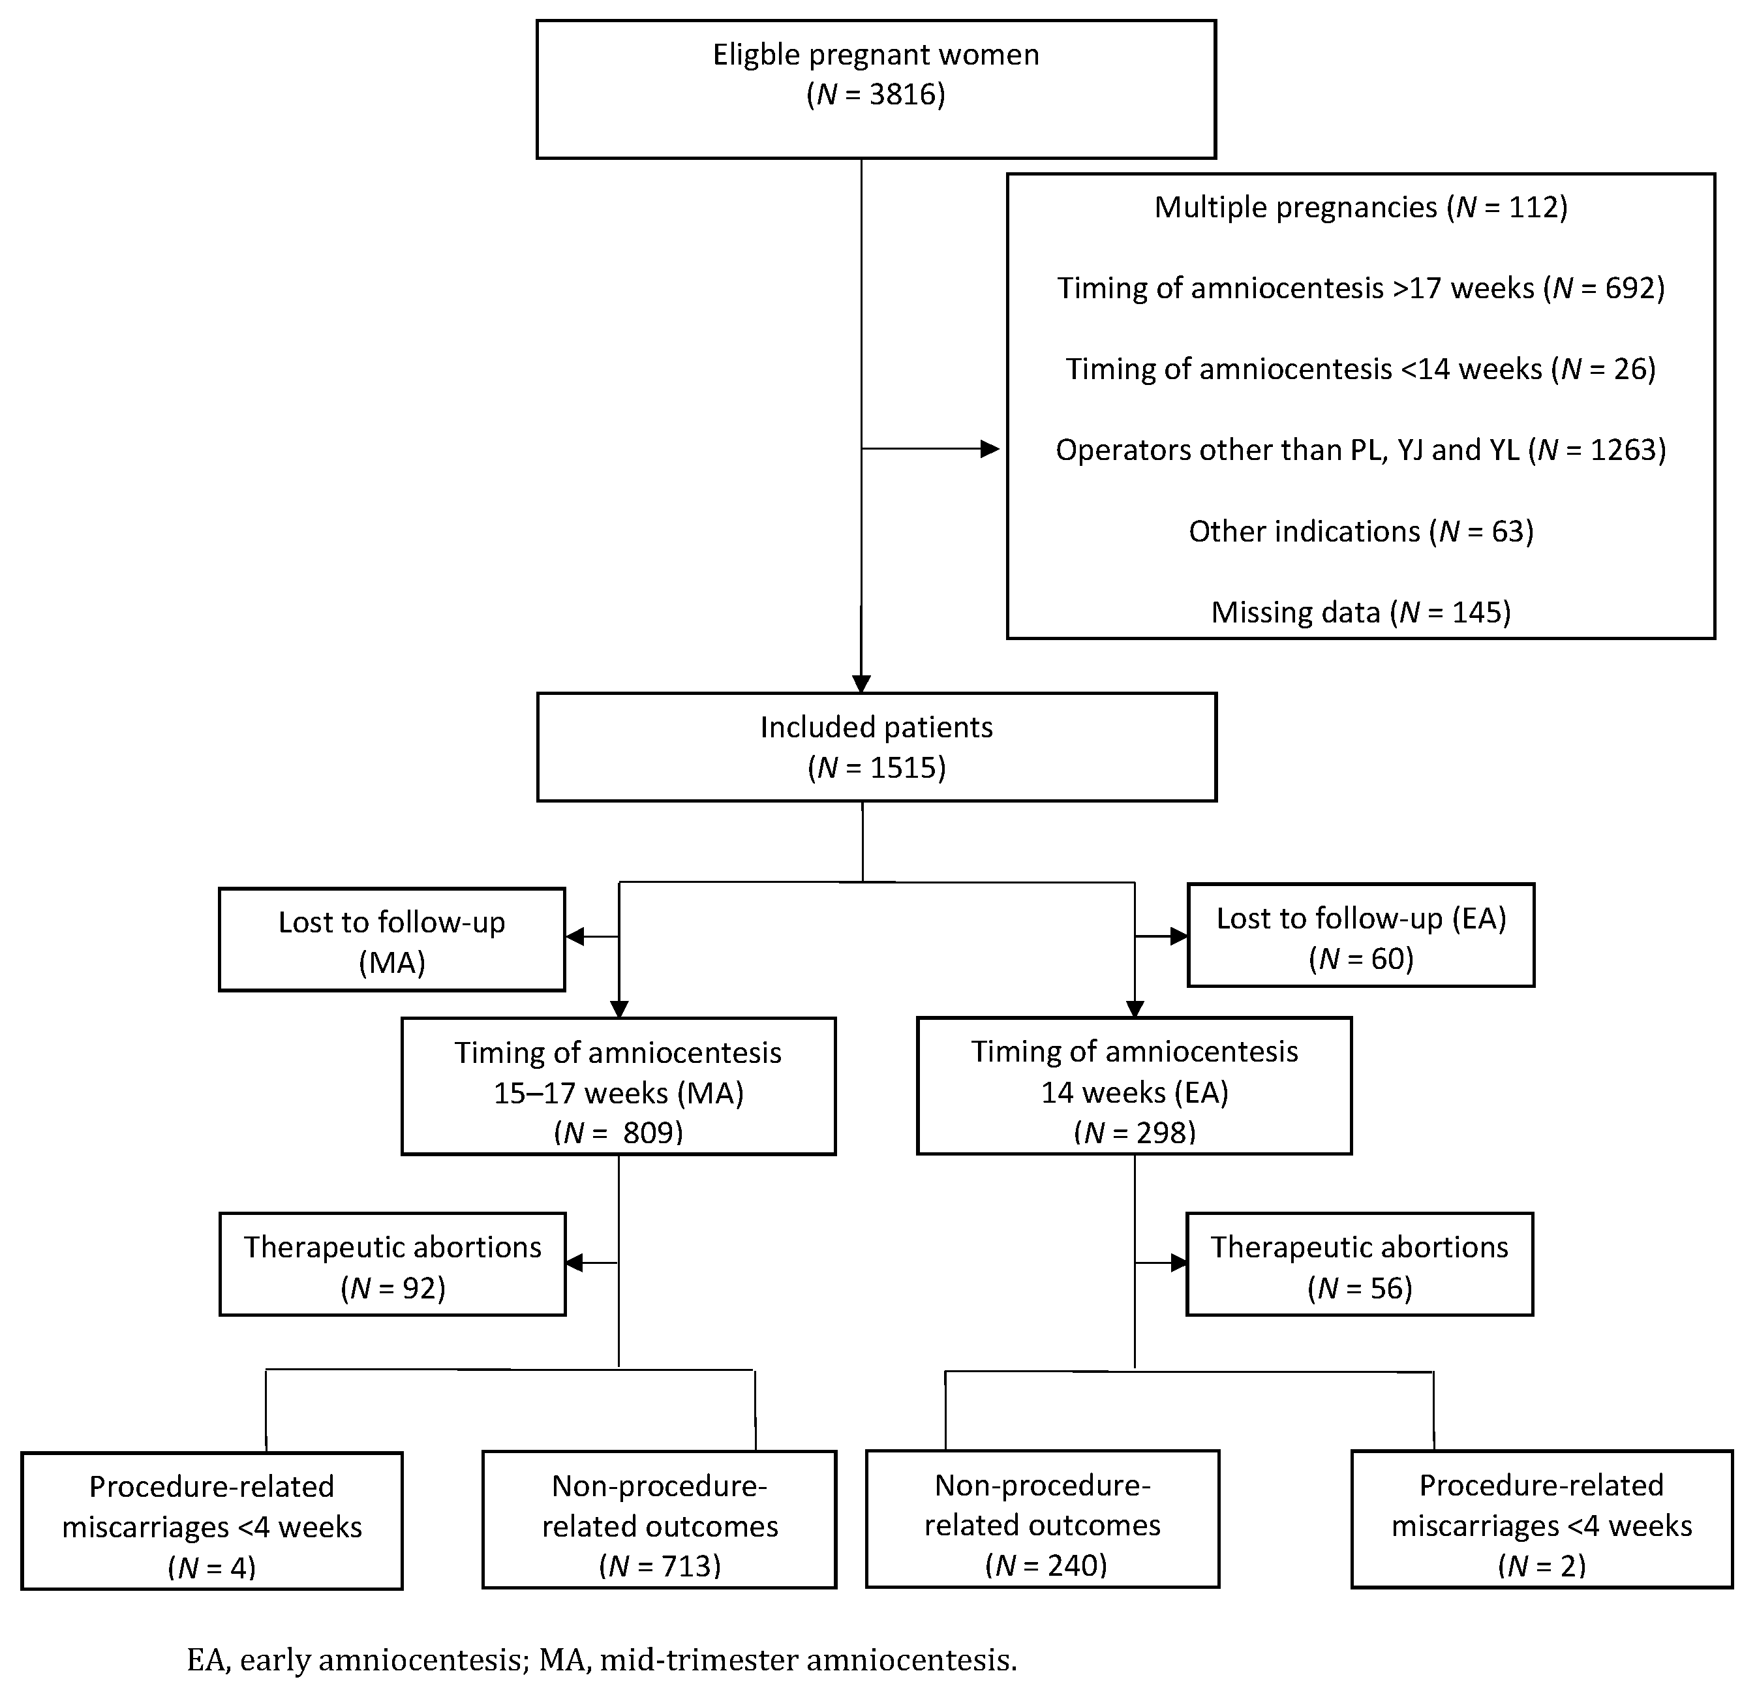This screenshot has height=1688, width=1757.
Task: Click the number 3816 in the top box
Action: (904, 95)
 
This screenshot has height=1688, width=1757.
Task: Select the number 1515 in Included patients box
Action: (904, 768)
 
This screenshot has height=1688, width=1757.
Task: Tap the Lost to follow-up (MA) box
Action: (391, 940)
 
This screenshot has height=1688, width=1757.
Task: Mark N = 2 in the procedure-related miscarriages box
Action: (1541, 1565)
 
